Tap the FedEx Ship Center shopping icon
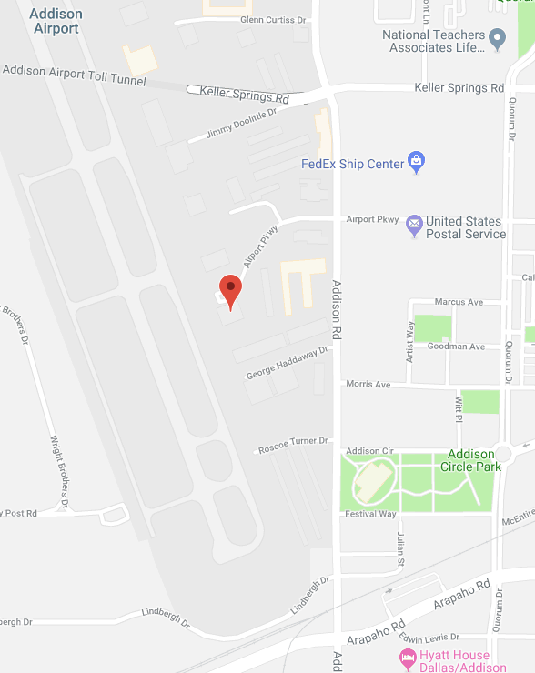pos(416,163)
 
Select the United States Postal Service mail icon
pos(414,223)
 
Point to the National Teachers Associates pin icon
pos(497,39)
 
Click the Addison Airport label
pos(56,21)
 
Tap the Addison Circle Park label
pos(470,460)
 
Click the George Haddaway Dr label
pos(287,364)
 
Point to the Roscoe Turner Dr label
pos(292,445)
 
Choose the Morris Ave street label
pos(368,385)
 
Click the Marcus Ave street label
pos(459,302)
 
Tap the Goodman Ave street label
pos(457,347)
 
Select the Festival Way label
pos(370,515)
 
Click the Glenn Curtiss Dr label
pos(275,19)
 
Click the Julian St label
pos(399,550)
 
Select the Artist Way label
pos(410,339)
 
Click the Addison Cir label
pos(369,451)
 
